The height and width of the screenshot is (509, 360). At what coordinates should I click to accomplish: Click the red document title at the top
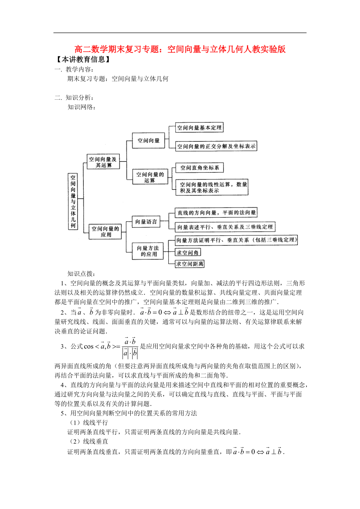[x=180, y=50]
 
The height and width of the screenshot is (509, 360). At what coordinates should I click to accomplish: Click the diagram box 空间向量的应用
[x=106, y=231]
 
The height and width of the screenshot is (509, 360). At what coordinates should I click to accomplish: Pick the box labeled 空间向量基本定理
[x=199, y=127]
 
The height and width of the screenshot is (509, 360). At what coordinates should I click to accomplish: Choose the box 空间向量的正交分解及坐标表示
[x=216, y=147]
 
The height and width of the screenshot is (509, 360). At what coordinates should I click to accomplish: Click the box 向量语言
[x=146, y=222]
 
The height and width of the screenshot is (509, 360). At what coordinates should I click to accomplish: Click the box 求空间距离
[x=190, y=264]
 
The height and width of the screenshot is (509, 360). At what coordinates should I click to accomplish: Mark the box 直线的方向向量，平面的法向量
[x=216, y=213]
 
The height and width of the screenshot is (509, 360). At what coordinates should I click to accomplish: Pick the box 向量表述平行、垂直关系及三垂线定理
[x=225, y=227]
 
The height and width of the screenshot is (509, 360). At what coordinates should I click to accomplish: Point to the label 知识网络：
[x=81, y=107]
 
